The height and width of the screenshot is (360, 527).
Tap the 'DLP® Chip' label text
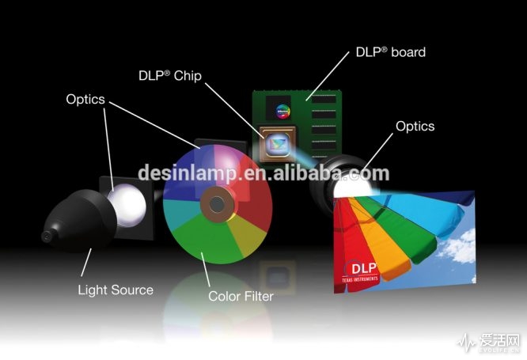tap(169, 76)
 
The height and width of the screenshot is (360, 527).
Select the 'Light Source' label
tap(116, 290)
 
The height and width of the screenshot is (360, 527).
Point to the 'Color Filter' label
tap(241, 296)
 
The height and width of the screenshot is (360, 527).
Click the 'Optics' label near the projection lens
tap(415, 126)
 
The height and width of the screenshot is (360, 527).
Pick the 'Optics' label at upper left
tap(85, 100)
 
